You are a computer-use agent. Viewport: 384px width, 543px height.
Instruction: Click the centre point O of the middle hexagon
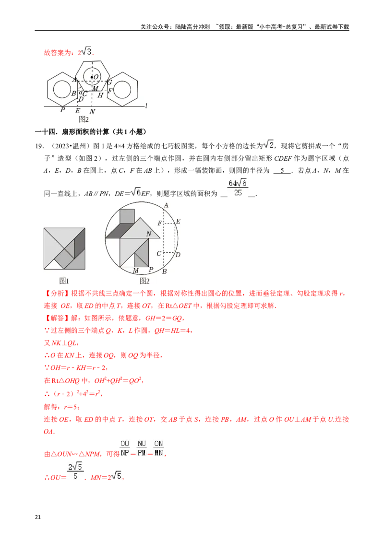tap(92, 77)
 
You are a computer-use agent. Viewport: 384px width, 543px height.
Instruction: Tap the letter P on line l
tap(62, 110)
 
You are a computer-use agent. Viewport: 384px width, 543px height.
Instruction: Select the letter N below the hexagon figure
tap(92, 111)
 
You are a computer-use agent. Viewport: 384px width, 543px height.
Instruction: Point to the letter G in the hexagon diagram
tap(109, 82)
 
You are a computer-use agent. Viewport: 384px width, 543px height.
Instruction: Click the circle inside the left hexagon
tap(62, 90)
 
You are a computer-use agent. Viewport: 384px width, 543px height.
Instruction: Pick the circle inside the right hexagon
tap(122, 90)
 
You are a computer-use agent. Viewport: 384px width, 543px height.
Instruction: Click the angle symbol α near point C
tap(80, 92)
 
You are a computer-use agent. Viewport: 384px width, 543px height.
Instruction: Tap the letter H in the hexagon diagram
tap(100, 95)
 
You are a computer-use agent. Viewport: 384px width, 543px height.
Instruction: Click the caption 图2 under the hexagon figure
tap(84, 119)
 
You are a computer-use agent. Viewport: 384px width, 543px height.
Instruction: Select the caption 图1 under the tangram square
tap(64, 281)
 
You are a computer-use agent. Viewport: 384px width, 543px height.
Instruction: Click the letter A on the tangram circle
tap(166, 205)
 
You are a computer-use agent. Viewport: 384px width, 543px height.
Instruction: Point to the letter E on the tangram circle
tap(178, 221)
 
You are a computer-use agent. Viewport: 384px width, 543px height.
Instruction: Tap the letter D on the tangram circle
tap(178, 254)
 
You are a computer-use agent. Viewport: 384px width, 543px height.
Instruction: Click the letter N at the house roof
tap(149, 234)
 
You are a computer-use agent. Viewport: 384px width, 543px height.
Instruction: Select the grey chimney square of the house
tap(127, 216)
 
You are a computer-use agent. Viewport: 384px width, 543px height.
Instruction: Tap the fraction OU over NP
tap(125, 448)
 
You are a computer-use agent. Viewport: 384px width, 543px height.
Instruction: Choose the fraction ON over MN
tap(159, 448)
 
